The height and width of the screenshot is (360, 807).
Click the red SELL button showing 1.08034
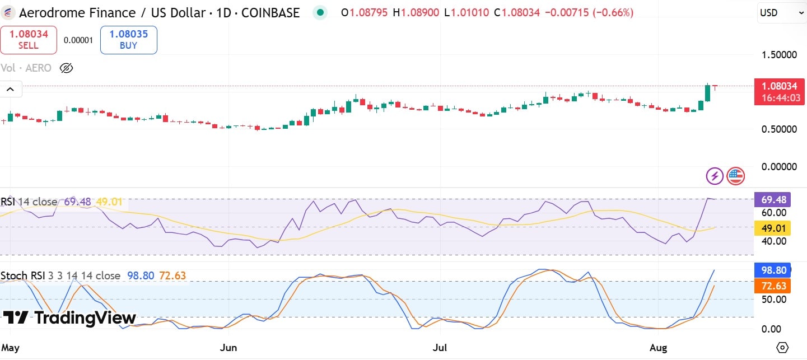[29, 40]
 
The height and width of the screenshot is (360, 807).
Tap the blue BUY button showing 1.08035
[128, 40]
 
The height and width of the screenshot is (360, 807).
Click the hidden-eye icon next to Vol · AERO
[66, 68]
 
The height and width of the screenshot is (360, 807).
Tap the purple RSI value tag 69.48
[772, 199]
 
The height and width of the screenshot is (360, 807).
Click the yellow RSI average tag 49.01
[772, 227]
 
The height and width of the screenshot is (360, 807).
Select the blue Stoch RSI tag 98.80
[772, 270]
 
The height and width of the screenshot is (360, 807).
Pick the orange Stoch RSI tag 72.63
[772, 286]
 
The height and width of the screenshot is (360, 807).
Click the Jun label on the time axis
[228, 348]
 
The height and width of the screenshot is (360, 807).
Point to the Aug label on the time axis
[659, 348]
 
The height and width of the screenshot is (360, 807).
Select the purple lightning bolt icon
[714, 176]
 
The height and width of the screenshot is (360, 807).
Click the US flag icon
[735, 176]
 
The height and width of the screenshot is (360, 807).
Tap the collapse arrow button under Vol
[11, 89]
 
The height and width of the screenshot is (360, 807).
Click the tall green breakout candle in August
[708, 93]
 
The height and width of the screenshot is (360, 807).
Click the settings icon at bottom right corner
[783, 347]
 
